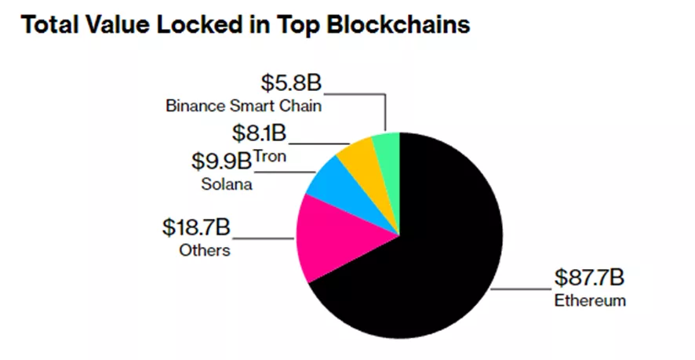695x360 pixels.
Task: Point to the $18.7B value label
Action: point(197,228)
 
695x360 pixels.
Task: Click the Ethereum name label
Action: point(590,301)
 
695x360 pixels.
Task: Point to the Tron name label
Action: point(269,155)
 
